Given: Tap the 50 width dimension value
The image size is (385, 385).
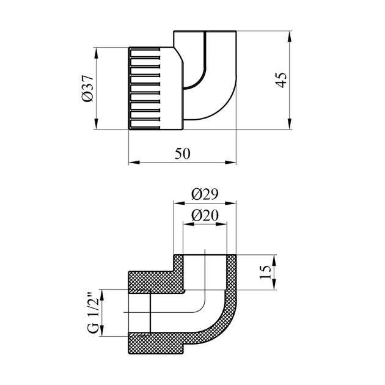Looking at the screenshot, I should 182,154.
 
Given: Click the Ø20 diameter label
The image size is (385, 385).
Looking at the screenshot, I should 205,215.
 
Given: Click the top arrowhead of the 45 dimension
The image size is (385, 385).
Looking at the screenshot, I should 290,34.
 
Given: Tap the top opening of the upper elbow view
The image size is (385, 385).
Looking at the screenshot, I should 205,31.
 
